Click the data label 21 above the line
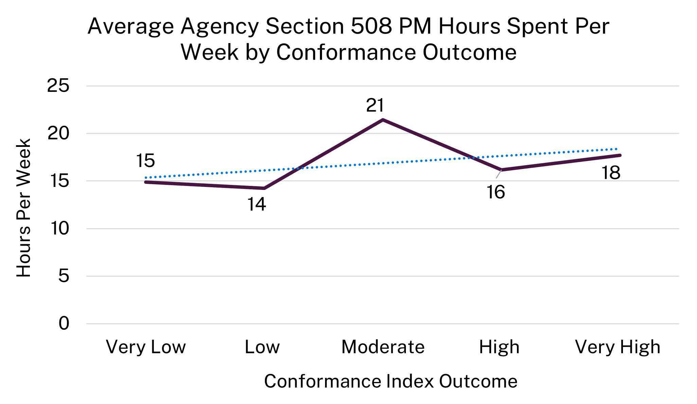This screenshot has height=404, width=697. point(375,105)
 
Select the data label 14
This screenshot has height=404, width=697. point(256,205)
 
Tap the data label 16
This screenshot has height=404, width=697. point(496,192)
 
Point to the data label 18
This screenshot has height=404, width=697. point(611,173)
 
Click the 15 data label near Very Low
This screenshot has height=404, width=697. point(145,160)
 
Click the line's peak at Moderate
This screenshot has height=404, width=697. point(383,120)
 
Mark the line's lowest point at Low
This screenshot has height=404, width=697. point(264,188)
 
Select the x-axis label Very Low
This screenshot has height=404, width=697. point(146,347)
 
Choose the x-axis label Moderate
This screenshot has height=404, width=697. point(383,347)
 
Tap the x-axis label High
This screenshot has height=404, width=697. point(499,347)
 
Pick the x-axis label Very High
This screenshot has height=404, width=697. point(617,347)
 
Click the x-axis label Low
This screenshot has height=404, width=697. point(262,347)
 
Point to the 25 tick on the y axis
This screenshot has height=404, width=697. point(58,86)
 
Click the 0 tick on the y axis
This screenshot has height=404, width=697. point(64,323)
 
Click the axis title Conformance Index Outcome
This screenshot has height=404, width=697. point(391,381)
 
